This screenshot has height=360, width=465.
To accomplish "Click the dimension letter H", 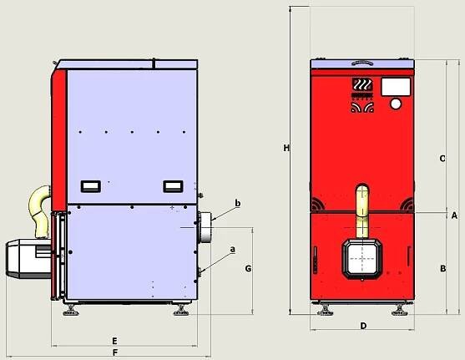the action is (286, 148).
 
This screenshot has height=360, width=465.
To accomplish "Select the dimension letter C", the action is (442, 159).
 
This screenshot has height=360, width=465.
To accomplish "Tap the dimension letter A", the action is (454, 215).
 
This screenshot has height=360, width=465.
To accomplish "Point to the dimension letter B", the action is (442, 269).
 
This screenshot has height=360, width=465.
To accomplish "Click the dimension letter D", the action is (363, 326).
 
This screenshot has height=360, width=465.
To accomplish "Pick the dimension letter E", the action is (114, 341).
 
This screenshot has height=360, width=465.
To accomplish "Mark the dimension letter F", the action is (115, 352).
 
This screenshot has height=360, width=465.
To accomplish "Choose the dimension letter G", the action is (248, 269).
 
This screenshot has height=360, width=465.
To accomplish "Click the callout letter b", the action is (238, 203).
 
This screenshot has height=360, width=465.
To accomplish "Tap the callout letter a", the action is (233, 249).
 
